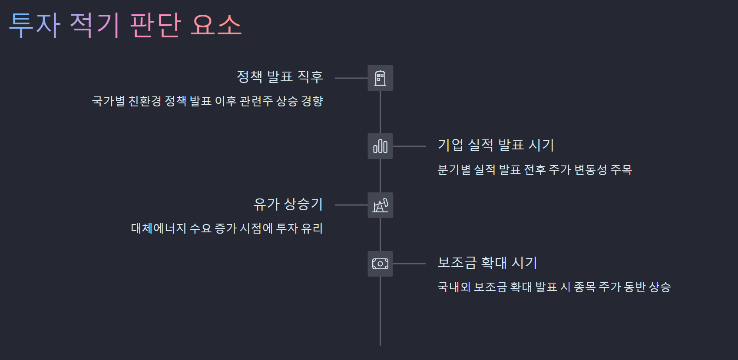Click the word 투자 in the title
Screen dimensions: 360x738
point(35,25)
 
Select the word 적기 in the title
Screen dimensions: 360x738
point(95,25)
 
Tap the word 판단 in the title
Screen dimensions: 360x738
point(155,25)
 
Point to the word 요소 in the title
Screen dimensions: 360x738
point(216,25)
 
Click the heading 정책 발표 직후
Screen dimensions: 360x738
point(280,77)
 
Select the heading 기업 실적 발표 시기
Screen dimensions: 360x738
point(496,145)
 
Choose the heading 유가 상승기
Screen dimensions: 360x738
point(288,204)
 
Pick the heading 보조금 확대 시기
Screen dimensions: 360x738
point(487,262)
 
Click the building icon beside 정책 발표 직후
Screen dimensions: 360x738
point(380,78)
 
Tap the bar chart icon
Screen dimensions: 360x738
point(380,146)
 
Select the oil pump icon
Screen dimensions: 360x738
point(380,205)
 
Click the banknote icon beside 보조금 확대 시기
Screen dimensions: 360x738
point(380,264)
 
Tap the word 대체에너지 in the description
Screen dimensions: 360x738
point(159,228)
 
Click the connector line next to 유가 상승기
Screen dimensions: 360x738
point(351,205)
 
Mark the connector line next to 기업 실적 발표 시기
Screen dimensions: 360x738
point(409,146)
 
